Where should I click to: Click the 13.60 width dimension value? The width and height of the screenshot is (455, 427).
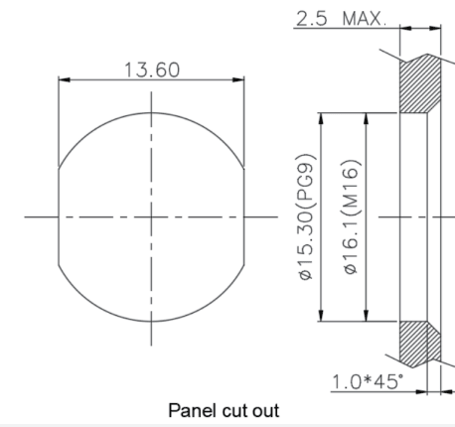coord(152,70)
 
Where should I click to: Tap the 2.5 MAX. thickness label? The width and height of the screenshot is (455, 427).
coord(341,19)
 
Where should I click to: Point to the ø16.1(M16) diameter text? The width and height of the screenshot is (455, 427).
coord(352,217)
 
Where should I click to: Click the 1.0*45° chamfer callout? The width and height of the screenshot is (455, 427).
coord(368,381)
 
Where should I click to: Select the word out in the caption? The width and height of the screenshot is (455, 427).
coord(266,411)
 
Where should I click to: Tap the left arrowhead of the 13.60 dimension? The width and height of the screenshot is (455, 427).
coord(65,79)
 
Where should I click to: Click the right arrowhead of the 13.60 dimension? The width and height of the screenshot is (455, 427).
coord(238,79)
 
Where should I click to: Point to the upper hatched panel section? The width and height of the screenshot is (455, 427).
coord(420,84)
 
